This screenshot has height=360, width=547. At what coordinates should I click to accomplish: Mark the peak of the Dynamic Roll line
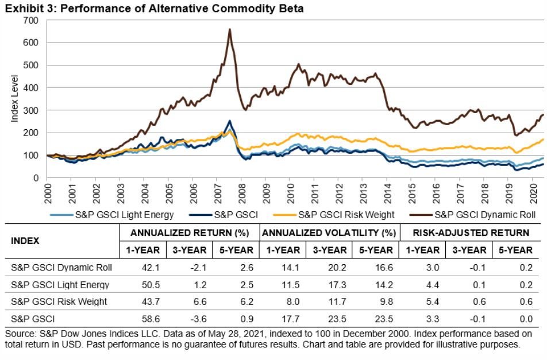pyautogui.click(x=230, y=29)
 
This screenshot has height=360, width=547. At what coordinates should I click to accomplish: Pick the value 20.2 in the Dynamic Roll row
pyautogui.click(x=328, y=268)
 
